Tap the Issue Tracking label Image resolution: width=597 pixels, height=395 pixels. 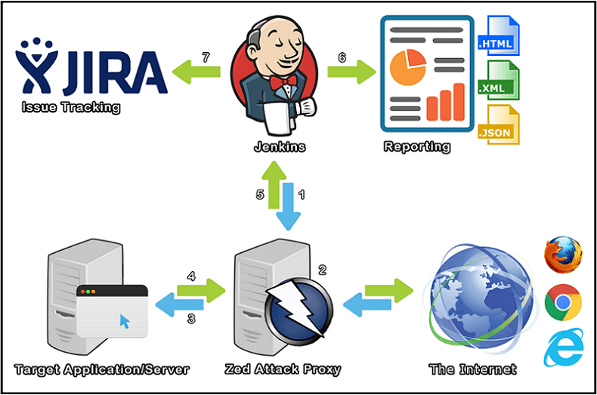click(x=71, y=107)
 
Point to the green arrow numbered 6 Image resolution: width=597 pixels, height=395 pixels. click(x=351, y=73)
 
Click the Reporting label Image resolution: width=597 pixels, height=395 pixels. click(x=416, y=147)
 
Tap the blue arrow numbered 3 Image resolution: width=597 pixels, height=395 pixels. click(x=180, y=305)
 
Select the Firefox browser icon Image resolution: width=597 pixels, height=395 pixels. click(x=563, y=255)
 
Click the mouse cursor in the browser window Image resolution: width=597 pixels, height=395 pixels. click(x=124, y=322)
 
